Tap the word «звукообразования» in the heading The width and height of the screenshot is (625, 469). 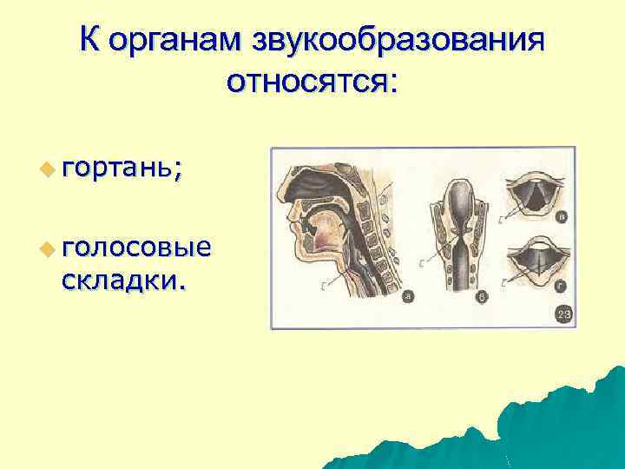(400, 40)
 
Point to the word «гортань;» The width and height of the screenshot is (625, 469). (122, 168)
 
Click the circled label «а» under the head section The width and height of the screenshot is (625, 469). (407, 297)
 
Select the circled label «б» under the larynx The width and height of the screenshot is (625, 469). (483, 297)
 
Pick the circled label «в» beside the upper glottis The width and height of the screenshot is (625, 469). (562, 217)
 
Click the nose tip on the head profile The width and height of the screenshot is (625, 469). (289, 211)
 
